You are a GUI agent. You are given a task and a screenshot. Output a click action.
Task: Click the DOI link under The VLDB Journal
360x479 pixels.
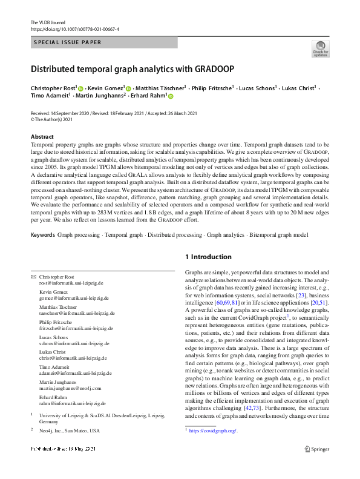[x=74, y=28]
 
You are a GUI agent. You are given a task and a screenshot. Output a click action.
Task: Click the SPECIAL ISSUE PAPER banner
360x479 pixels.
[x=67, y=42]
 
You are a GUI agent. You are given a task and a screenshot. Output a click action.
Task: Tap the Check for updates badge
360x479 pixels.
[x=320, y=50]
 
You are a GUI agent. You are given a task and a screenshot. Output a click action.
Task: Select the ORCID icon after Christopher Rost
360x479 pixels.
[x=80, y=88]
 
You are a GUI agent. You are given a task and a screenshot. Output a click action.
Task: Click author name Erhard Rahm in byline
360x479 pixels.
[x=149, y=96]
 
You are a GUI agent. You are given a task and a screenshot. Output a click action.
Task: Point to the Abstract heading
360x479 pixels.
[x=42, y=137]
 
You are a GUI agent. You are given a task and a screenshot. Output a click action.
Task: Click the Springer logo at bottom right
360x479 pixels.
[x=317, y=466]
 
